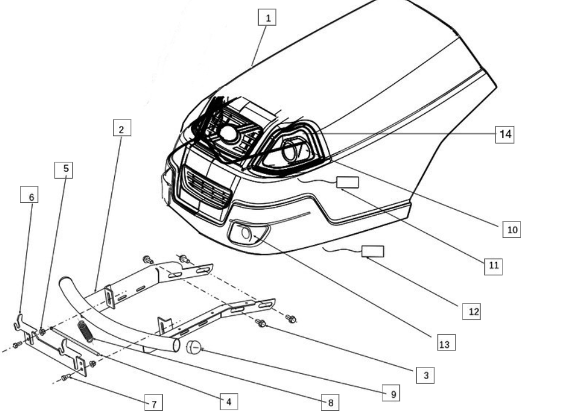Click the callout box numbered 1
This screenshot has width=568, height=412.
(x=267, y=18)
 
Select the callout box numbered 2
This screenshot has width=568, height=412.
(x=122, y=128)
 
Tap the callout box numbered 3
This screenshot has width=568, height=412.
(x=425, y=375)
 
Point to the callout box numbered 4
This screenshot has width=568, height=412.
(x=229, y=401)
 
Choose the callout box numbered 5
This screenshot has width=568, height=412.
(x=64, y=170)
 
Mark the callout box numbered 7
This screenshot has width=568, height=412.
(x=153, y=403)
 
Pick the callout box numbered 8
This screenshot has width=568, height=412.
(x=330, y=403)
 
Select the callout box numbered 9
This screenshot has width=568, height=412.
(x=391, y=393)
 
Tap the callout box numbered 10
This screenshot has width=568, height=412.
(x=512, y=230)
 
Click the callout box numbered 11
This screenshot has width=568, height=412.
(x=494, y=266)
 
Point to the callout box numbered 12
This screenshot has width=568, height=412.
(x=471, y=312)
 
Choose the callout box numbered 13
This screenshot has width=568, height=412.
(x=446, y=342)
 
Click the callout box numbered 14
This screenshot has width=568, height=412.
(x=505, y=134)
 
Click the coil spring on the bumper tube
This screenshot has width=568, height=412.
(x=85, y=331)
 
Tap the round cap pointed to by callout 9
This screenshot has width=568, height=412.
(x=193, y=348)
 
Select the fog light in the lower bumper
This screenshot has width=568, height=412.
(x=248, y=234)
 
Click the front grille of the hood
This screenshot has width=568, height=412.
(x=207, y=189)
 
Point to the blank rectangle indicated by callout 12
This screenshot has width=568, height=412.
(x=373, y=251)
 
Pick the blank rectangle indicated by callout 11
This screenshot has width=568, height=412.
(x=348, y=182)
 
